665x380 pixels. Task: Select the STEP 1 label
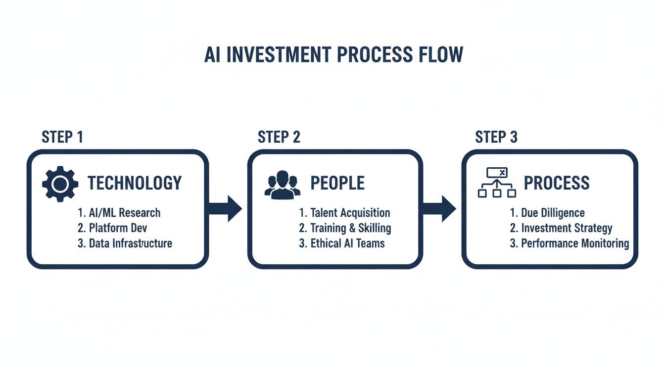click(x=62, y=137)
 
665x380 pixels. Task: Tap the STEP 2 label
click(x=279, y=137)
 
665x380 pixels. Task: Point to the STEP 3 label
click(x=496, y=137)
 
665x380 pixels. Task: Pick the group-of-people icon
click(x=283, y=185)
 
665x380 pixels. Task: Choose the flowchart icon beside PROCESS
click(x=497, y=183)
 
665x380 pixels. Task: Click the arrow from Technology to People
click(x=225, y=209)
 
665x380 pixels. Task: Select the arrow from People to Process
click(x=440, y=209)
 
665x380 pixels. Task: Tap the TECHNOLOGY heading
click(x=135, y=183)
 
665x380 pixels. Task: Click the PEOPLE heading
click(x=337, y=183)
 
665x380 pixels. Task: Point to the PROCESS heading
click(x=557, y=183)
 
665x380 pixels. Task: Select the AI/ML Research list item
click(x=119, y=213)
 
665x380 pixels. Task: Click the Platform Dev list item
click(x=113, y=228)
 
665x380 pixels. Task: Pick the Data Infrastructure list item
click(x=125, y=243)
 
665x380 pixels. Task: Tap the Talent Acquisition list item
click(x=344, y=213)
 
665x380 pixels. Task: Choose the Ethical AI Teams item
click(x=342, y=243)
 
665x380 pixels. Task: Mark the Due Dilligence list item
click(x=547, y=213)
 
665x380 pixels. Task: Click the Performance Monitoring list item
click(x=570, y=243)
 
